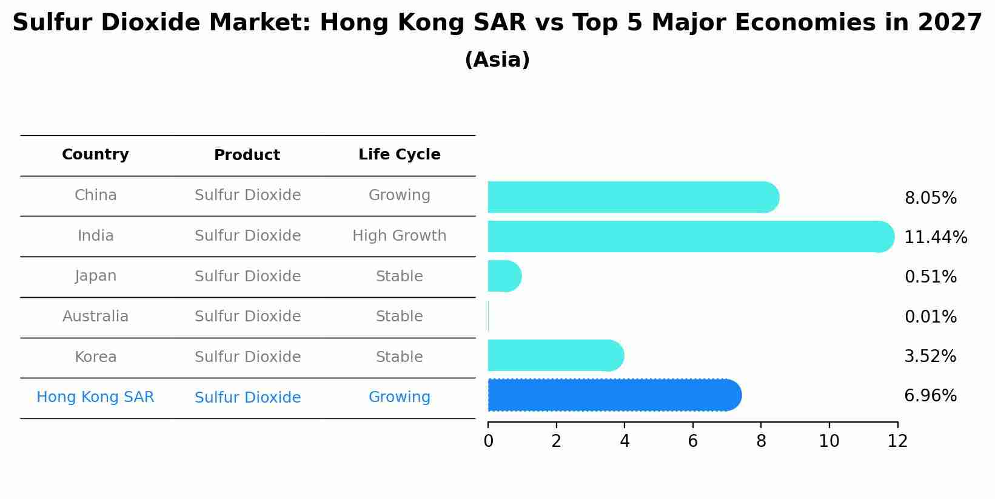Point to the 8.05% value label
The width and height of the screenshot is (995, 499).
tap(930, 198)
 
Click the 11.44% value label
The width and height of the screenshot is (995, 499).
tap(935, 238)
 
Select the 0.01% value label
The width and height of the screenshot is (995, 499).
tap(930, 317)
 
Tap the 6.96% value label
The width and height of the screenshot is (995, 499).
tap(930, 396)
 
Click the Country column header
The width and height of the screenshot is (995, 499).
tap(95, 155)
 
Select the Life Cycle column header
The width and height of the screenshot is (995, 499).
tap(399, 155)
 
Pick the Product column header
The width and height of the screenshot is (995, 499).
tap(247, 155)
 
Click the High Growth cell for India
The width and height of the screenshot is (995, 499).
tap(399, 236)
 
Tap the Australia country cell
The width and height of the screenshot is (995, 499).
tap(95, 316)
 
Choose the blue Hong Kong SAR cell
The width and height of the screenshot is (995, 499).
tap(95, 397)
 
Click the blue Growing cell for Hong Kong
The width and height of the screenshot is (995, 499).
tap(399, 397)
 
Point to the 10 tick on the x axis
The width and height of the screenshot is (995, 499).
tap(829, 441)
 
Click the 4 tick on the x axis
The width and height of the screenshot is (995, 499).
tap(625, 441)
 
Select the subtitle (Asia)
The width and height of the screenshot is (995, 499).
tap(497, 60)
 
